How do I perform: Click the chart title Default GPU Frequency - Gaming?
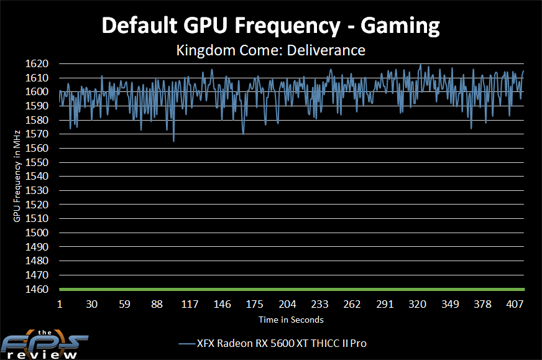[x=270, y=25]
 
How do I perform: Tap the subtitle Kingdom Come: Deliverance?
[x=270, y=50]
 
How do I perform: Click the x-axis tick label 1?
[x=60, y=305]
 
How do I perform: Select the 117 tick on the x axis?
[x=190, y=305]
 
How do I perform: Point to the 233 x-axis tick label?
[x=319, y=305]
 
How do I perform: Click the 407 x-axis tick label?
[x=515, y=305]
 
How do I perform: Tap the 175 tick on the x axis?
[x=255, y=305]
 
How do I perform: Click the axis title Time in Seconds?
[x=292, y=320]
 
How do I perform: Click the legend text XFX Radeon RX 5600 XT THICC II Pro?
[x=286, y=343]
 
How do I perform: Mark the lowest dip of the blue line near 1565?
[x=173, y=141]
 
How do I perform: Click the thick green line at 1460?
[x=292, y=290]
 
